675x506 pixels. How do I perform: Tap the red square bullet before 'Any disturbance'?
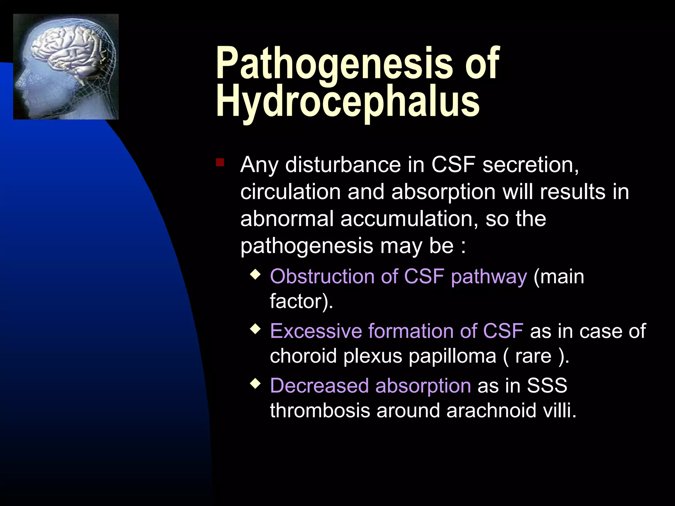pyautogui.click(x=220, y=162)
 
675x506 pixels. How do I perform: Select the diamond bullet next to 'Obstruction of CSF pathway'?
pyautogui.click(x=255, y=274)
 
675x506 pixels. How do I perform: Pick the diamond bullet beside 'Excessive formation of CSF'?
pyautogui.click(x=255, y=329)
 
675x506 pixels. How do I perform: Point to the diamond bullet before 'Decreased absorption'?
pyautogui.click(x=255, y=383)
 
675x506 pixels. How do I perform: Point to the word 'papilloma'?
pyautogui.click(x=452, y=356)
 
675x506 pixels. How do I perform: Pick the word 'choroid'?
pyautogui.click(x=303, y=356)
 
